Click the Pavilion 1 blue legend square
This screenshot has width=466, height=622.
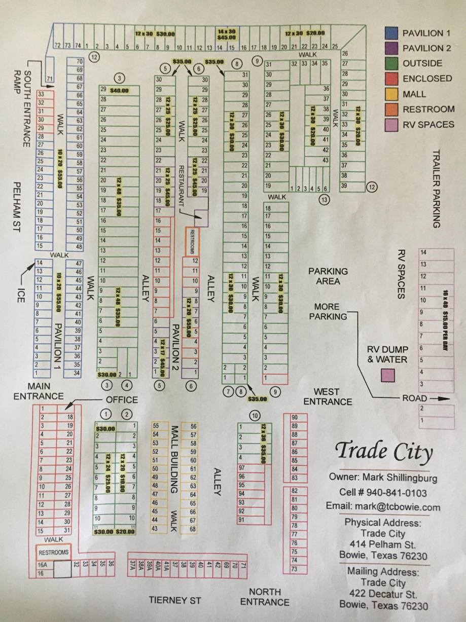click(391, 33)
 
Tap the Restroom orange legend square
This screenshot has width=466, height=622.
click(391, 109)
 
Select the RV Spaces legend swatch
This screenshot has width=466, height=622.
click(391, 124)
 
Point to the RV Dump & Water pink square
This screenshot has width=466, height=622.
click(388, 375)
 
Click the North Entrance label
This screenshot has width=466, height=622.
click(265, 597)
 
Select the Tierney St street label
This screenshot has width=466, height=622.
click(175, 600)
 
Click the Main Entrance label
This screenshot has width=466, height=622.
click(39, 391)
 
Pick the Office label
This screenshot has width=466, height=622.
click(122, 400)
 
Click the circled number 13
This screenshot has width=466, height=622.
click(324, 199)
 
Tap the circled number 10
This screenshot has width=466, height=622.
click(255, 416)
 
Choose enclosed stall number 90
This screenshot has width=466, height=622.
click(294, 418)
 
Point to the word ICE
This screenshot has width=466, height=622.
click(20, 297)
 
